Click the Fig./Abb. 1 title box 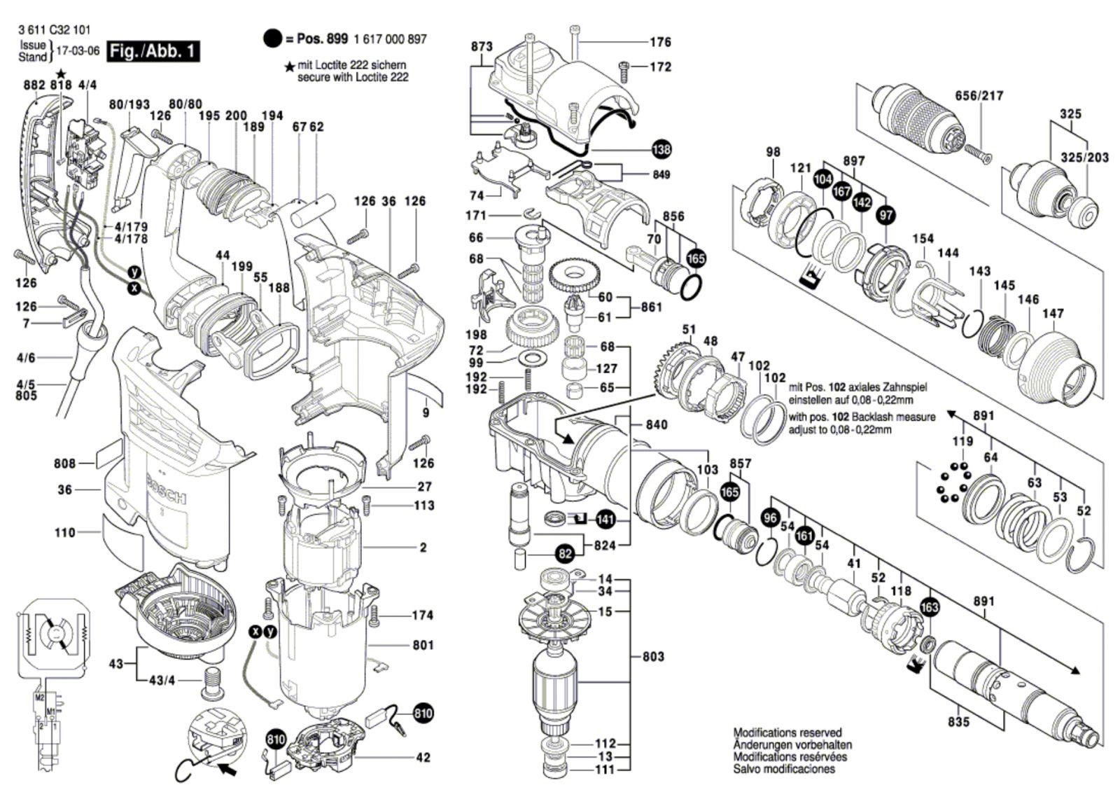point(153,52)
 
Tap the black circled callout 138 point(661,149)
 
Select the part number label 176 point(660,42)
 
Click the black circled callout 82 point(565,554)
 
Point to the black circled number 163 point(929,607)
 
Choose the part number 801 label point(423,645)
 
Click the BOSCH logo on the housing point(167,489)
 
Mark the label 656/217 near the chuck point(979,95)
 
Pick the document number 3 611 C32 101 point(55,31)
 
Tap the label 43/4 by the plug point(160,681)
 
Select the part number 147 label point(1053,314)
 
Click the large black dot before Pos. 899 point(272,39)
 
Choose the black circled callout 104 point(823,179)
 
